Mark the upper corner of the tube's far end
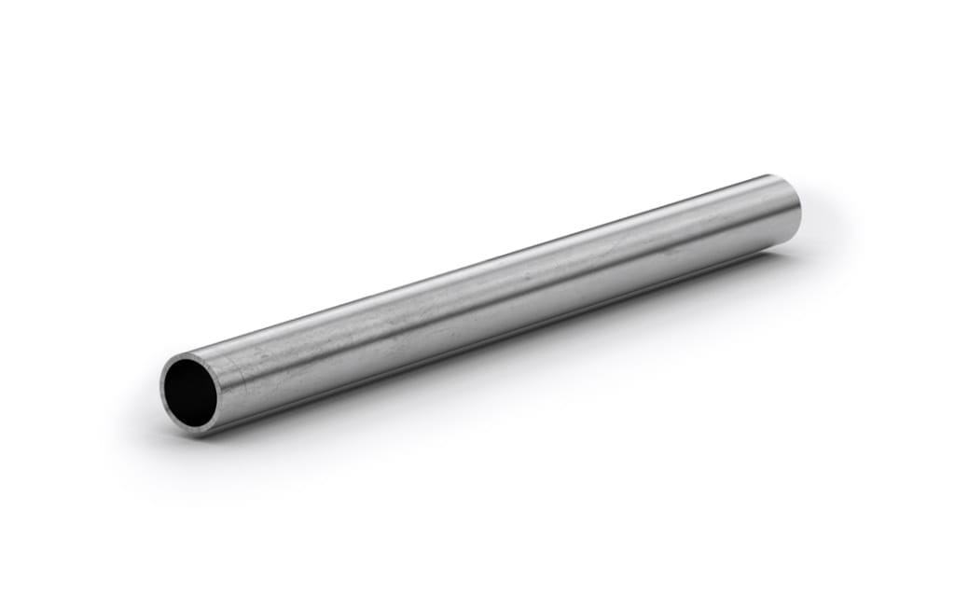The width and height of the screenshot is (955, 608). tap(772, 175)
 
